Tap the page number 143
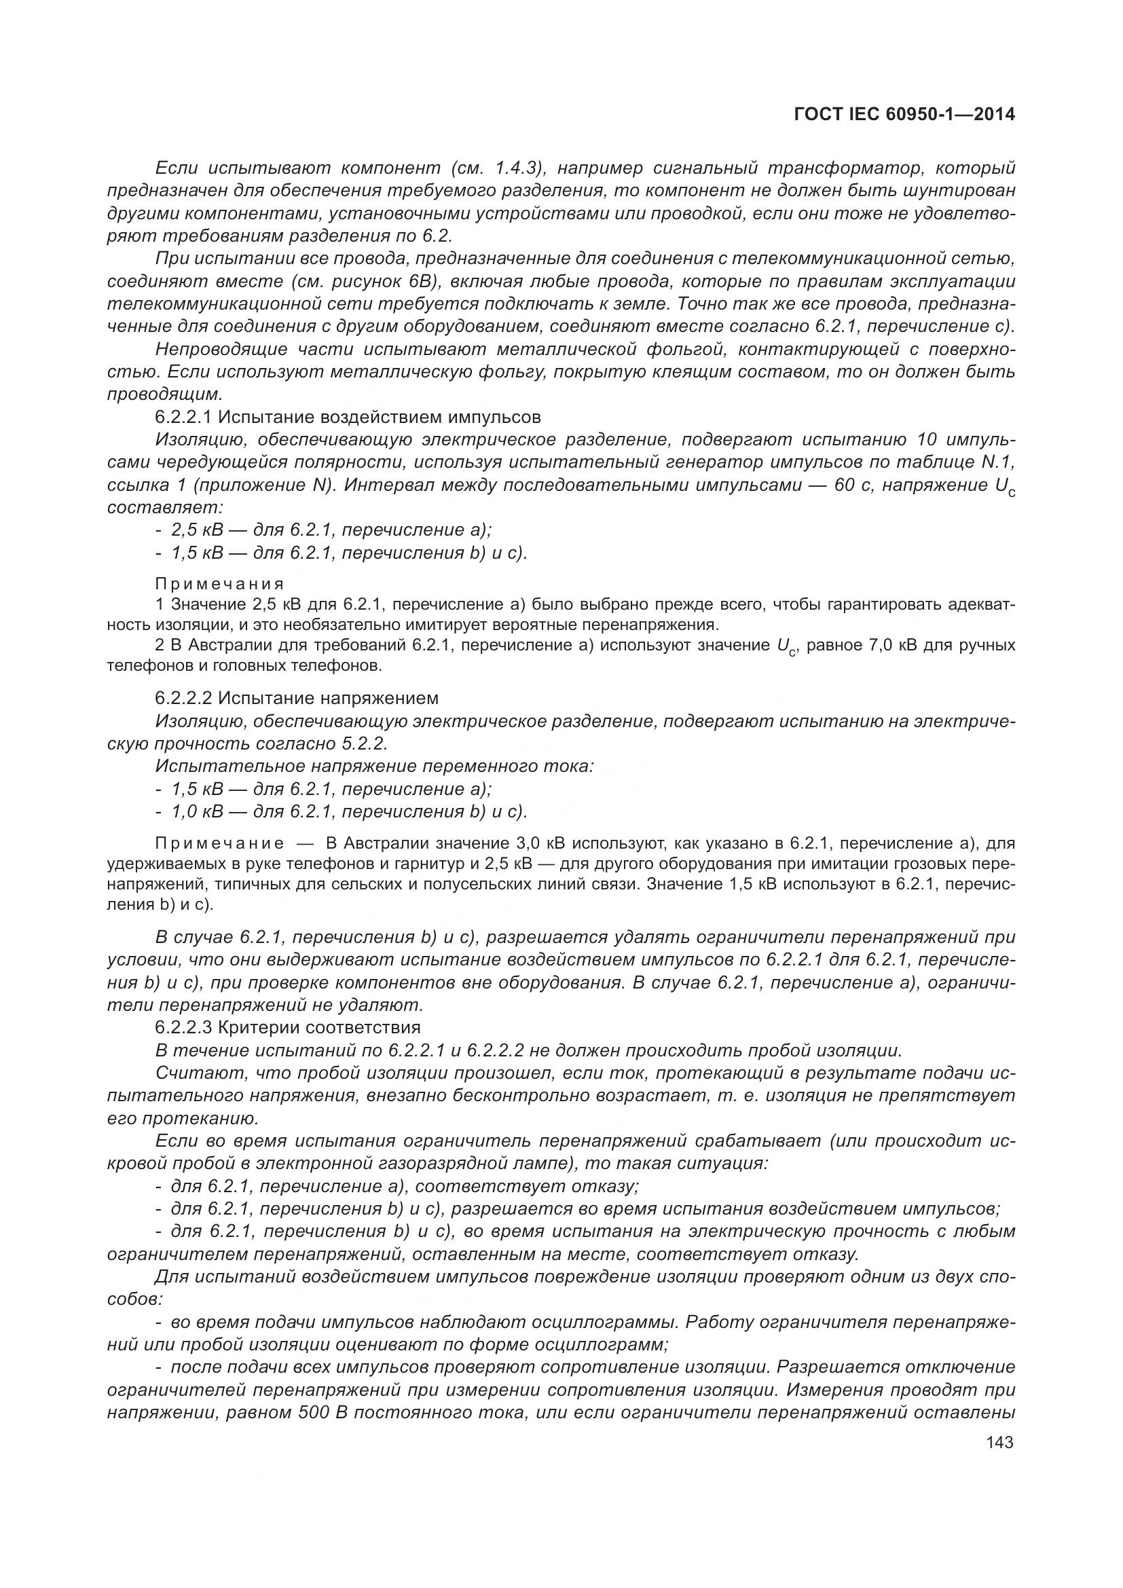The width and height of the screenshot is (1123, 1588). coord(1000,1442)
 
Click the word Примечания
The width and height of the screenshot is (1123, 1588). coord(220,583)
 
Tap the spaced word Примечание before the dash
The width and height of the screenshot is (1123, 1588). coord(220,843)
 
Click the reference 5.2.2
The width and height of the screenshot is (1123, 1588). coord(364,744)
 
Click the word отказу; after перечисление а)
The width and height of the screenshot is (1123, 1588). coord(605,1187)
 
